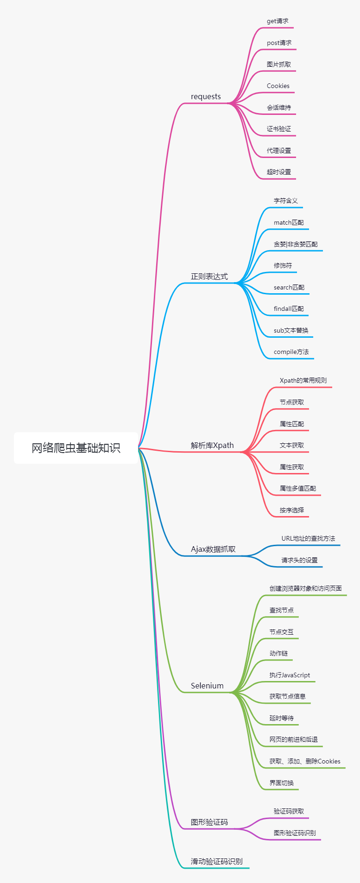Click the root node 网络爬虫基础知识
tap(76, 448)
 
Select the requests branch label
tap(206, 97)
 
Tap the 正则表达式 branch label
tap(209, 277)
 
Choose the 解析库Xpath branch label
tap(212, 445)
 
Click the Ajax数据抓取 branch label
tap(213, 549)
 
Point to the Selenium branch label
tap(207, 686)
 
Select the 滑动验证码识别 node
tap(216, 861)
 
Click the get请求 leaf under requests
tap(278, 21)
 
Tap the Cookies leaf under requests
tap(278, 86)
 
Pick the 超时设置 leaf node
tap(279, 172)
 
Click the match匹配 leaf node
tap(289, 223)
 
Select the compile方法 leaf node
tap(291, 352)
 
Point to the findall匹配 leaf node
tap(289, 309)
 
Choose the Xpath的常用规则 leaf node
tap(303, 381)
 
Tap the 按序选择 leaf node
tap(292, 510)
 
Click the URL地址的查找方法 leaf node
tap(308, 539)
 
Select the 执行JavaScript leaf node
tap(290, 675)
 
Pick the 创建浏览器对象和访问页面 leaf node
tap(306, 588)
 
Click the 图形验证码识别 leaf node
tap(295, 833)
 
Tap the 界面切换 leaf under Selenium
tap(282, 783)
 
